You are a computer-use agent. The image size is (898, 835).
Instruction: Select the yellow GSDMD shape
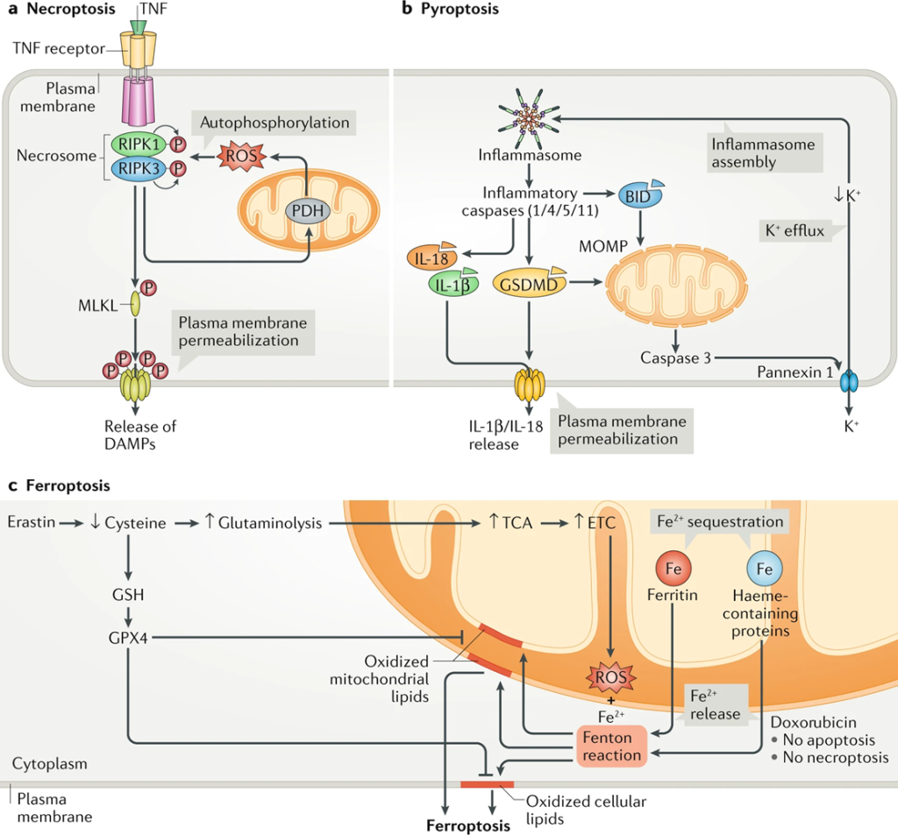(530, 283)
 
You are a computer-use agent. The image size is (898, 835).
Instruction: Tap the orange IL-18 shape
(431, 257)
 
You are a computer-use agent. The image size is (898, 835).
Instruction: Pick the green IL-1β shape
(453, 284)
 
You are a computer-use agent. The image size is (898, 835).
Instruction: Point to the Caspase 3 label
(675, 357)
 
